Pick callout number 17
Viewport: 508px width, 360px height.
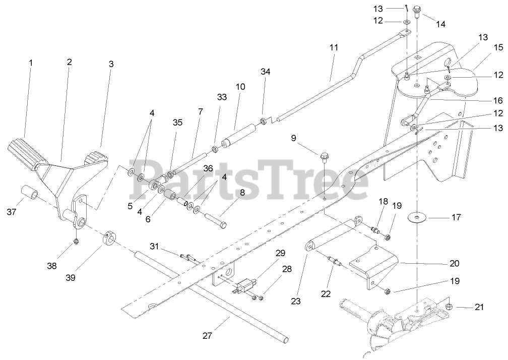456,218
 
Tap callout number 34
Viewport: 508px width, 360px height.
266,72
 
